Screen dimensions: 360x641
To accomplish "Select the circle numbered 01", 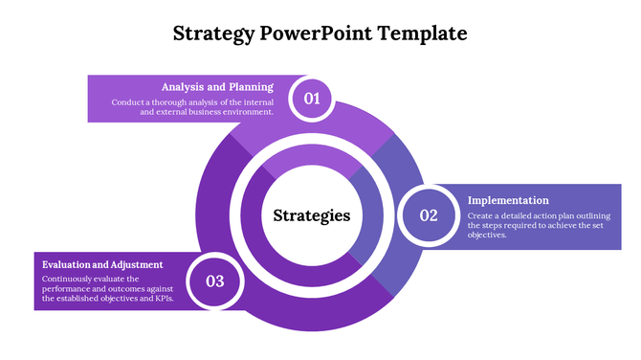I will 312,99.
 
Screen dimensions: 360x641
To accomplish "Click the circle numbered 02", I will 428,215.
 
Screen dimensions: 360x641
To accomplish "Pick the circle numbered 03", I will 214,281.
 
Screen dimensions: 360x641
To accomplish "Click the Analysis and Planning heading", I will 217,86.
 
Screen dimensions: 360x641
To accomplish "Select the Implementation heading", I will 507,200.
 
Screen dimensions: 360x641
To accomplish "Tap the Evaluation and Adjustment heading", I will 102,264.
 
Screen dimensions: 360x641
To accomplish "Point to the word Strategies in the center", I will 312,215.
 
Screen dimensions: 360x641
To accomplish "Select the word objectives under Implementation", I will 487,235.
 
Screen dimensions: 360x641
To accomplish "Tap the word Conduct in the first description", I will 127,101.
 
